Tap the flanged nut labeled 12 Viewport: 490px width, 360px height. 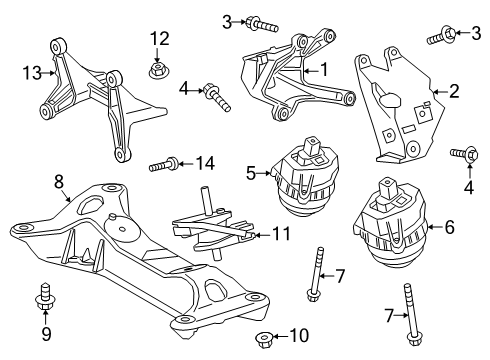[158, 71]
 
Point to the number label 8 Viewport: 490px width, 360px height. [59, 182]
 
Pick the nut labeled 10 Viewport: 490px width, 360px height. [265, 338]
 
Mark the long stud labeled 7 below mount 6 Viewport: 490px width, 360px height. [410, 312]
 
